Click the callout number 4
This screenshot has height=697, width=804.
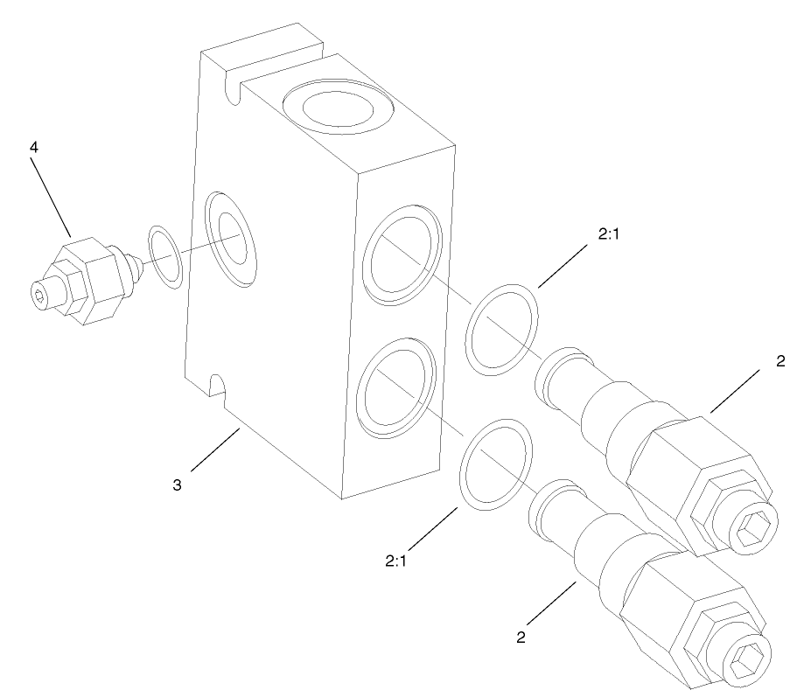pos(34,147)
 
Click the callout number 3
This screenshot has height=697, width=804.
pos(177,484)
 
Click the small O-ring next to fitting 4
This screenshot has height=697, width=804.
pos(165,256)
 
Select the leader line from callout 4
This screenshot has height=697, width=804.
pos(52,197)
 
